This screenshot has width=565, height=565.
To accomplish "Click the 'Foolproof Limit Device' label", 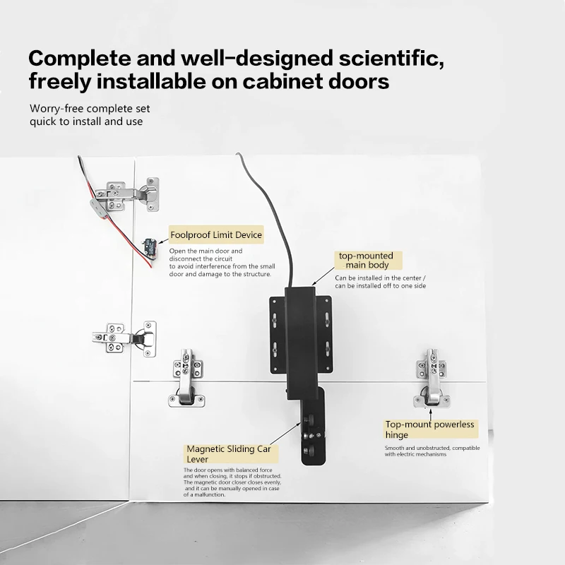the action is [x=216, y=235].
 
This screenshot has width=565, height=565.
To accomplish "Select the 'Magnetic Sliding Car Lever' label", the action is [x=231, y=453].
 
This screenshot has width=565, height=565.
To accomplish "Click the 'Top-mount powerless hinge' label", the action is [x=430, y=429].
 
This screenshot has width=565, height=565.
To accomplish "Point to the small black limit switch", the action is [x=150, y=246].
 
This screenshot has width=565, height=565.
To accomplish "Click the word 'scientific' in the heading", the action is [x=391, y=58].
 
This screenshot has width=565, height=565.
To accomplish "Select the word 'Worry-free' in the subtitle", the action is [x=56, y=108].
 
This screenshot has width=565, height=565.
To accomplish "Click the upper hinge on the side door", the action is [x=128, y=195].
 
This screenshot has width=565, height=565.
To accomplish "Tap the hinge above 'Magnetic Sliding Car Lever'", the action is [x=186, y=378].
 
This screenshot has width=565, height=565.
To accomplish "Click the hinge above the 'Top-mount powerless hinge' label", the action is [x=432, y=378].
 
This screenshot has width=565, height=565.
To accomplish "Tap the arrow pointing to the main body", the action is [x=323, y=276].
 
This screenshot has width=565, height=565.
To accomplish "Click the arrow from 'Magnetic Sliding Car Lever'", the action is [x=285, y=434].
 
